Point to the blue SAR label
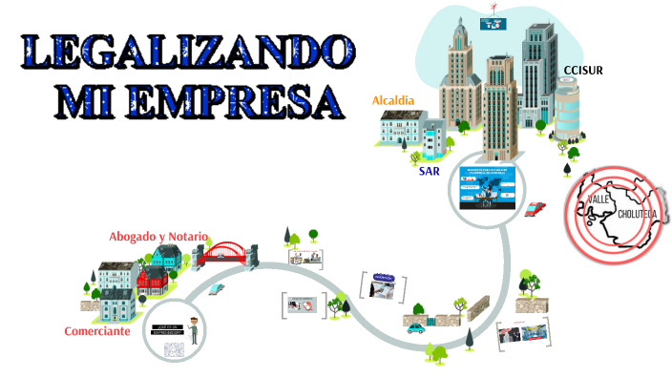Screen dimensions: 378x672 coord(430,172)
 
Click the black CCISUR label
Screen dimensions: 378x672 coord(583,71)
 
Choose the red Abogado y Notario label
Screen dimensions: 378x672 coord(158,236)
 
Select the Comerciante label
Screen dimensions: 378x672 coord(97,331)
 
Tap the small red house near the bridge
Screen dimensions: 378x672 coord(153,279)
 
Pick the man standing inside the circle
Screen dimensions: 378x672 coord(193,329)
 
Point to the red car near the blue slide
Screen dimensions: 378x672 coord(536,207)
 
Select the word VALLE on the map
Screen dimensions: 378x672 coord(599,198)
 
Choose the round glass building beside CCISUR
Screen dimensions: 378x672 coord(567,105)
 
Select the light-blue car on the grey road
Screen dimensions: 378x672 coord(217,287)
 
